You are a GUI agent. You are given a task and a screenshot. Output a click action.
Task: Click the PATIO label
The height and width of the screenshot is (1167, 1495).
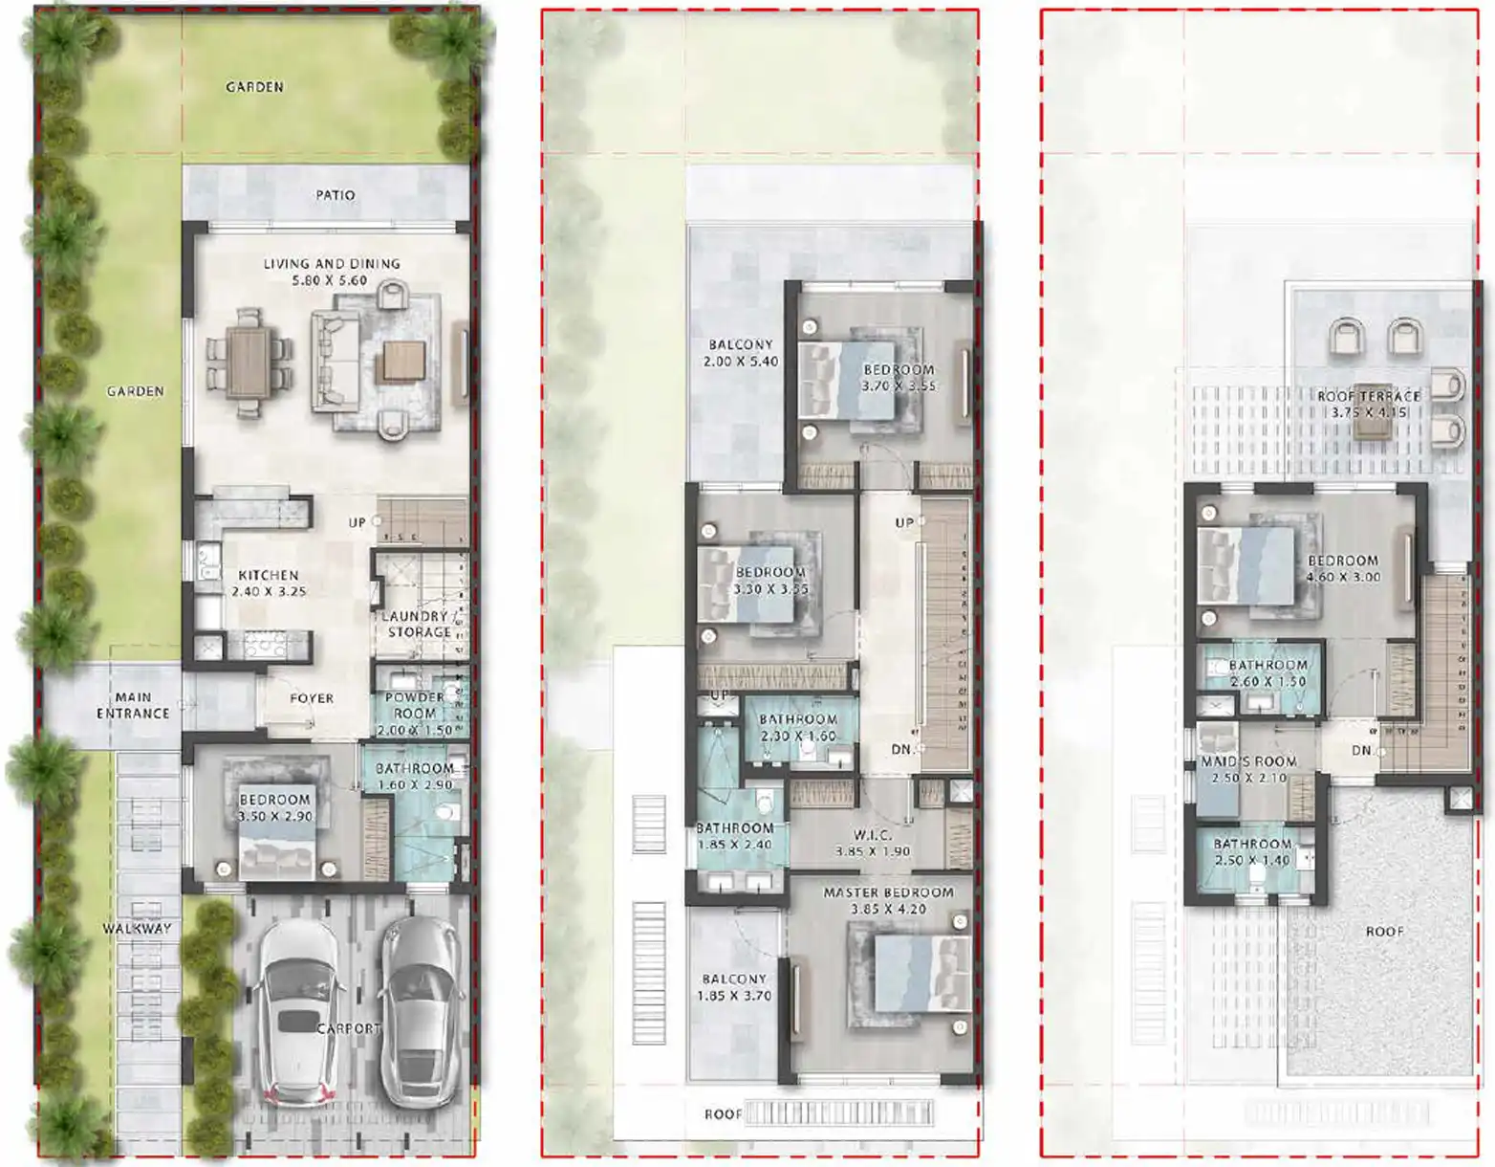[336, 195]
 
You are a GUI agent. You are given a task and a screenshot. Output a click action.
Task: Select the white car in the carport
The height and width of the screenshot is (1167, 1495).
[297, 1014]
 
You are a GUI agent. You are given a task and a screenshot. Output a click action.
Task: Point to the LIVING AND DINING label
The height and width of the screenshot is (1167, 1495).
[332, 264]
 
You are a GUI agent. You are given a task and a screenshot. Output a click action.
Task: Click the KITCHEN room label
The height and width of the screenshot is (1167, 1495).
[269, 575]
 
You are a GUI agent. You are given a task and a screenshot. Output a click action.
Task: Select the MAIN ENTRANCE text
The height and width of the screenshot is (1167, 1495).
[133, 705]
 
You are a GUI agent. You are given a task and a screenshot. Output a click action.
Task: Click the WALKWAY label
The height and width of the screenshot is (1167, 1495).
[138, 928]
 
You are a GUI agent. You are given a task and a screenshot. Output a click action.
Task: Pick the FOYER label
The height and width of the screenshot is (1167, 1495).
[312, 698]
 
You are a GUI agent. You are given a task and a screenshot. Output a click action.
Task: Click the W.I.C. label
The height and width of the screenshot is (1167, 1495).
[872, 835]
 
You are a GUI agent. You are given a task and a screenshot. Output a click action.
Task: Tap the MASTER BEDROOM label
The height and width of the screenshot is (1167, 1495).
[888, 892]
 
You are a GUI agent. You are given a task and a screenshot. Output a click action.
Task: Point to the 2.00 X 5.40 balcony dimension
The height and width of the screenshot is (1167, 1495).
[741, 362]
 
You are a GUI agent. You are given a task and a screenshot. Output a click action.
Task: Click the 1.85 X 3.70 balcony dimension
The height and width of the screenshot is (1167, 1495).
[734, 996]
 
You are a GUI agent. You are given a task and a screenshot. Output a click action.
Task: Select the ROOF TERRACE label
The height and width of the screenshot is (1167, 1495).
[1369, 396]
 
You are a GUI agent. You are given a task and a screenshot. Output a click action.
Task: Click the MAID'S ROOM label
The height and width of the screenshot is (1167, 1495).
[1248, 761]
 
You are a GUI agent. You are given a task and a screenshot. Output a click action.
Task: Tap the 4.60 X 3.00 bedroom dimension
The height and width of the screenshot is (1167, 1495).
[1343, 577]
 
